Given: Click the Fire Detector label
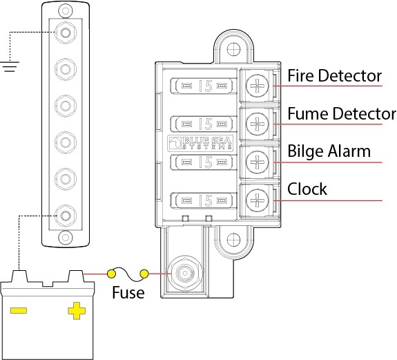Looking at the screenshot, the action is (x=334, y=75).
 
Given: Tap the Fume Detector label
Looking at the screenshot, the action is (x=342, y=113).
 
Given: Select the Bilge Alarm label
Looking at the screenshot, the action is (x=329, y=151).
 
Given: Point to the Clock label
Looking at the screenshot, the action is (x=307, y=189).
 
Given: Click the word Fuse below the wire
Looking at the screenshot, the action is (x=128, y=292).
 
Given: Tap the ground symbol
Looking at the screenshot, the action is (x=10, y=66).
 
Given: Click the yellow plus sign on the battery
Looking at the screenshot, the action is (x=77, y=311).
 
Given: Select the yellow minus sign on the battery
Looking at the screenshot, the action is (x=19, y=310).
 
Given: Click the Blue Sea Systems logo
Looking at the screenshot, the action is (x=200, y=144).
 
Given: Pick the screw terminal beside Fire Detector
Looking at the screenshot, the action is (x=257, y=86).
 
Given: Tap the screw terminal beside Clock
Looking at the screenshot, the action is (x=257, y=200).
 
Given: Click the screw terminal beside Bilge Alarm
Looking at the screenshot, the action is (x=257, y=162).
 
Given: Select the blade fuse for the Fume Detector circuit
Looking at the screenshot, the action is (x=202, y=124).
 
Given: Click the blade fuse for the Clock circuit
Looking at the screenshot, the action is (x=202, y=200).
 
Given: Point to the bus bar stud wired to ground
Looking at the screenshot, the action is (x=66, y=32).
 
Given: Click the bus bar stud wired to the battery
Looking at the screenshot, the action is (x=66, y=216).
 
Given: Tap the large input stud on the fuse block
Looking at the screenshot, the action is (x=185, y=274).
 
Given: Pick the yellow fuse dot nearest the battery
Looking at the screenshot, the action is (x=111, y=274).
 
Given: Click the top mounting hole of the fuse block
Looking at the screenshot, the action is (x=233, y=49).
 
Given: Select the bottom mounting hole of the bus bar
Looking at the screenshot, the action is (x=66, y=238).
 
